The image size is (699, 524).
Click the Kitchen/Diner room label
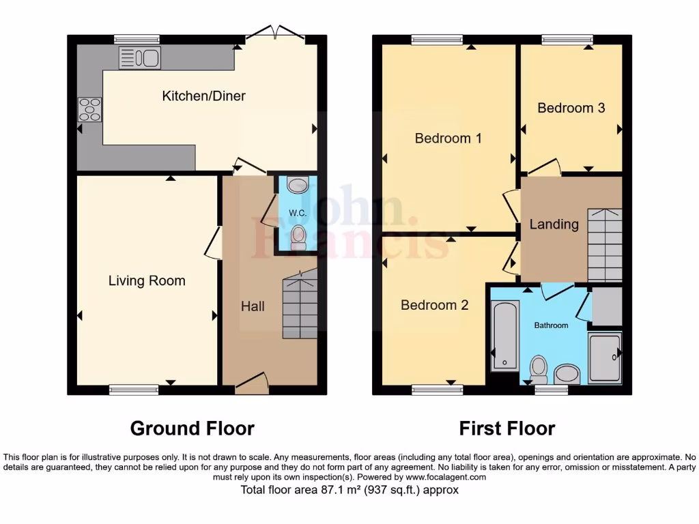coord(203,96)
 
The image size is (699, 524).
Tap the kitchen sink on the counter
coord(139,59)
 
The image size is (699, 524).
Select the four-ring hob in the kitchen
coord(89,109)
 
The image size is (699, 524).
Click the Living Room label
coord(147,280)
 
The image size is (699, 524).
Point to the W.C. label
coord(297,213)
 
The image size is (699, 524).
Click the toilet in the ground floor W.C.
coord(298,237)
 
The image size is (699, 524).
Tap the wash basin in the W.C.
coord(298,185)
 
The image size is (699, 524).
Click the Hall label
coord(253,306)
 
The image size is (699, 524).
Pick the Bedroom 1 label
coord(448,139)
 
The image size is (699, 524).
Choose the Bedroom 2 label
coord(434,305)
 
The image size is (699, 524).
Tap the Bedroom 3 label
coord(571,108)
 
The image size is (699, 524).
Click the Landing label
coord(554,224)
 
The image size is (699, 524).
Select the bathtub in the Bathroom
coord(505,336)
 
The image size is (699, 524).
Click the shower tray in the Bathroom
coord(605,357)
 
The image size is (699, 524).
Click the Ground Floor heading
coord(192,428)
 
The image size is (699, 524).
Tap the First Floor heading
coord(507,428)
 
